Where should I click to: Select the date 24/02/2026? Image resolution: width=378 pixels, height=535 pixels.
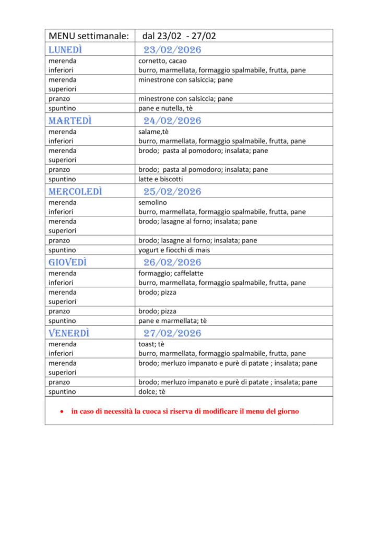coord(172,121)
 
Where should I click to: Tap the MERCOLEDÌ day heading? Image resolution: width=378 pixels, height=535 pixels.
coord(75,192)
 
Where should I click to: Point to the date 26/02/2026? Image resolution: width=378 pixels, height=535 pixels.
coord(172,262)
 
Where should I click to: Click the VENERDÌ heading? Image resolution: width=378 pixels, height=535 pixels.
coord(69,333)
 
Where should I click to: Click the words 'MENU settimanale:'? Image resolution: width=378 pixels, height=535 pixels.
coord(88,36)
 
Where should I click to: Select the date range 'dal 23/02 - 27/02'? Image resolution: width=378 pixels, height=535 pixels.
coord(179,36)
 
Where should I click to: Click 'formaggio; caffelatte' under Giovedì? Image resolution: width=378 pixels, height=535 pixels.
coord(171,273)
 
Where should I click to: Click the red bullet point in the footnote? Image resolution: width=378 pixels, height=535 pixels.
coord(62,412)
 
